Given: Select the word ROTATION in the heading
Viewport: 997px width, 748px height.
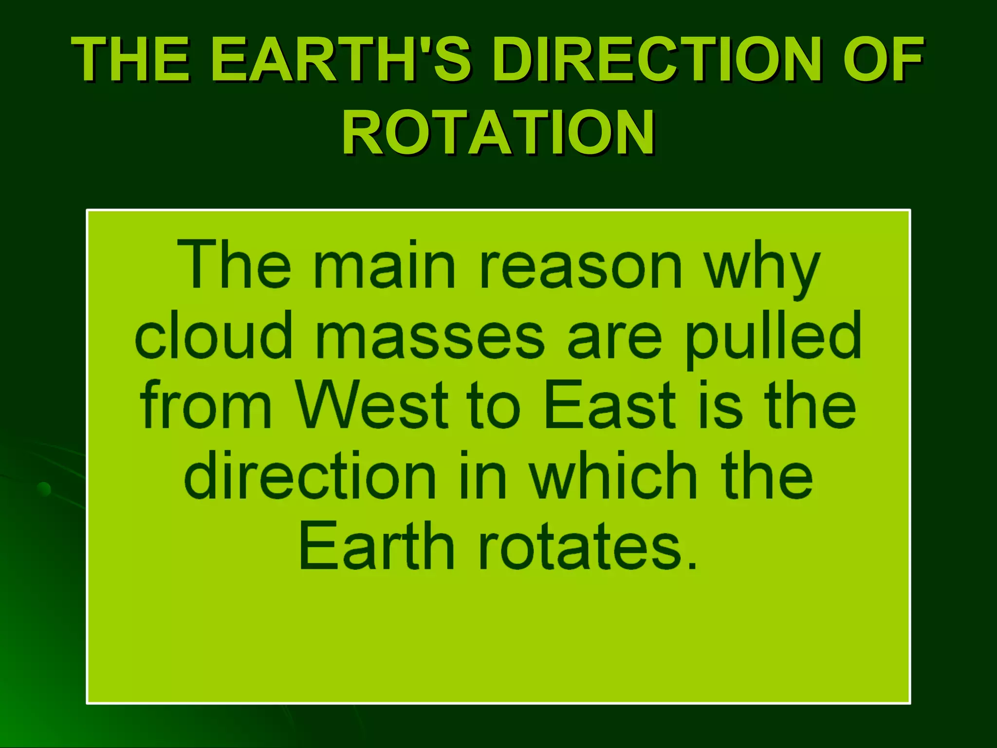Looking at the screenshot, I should click(x=498, y=132).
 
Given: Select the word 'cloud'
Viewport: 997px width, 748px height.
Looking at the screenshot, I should click(x=214, y=336).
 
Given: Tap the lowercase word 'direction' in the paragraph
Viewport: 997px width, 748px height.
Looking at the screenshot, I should click(x=310, y=476).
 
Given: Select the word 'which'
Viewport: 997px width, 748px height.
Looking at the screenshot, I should click(x=614, y=476).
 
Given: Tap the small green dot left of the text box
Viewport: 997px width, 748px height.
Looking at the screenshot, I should click(x=44, y=488).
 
